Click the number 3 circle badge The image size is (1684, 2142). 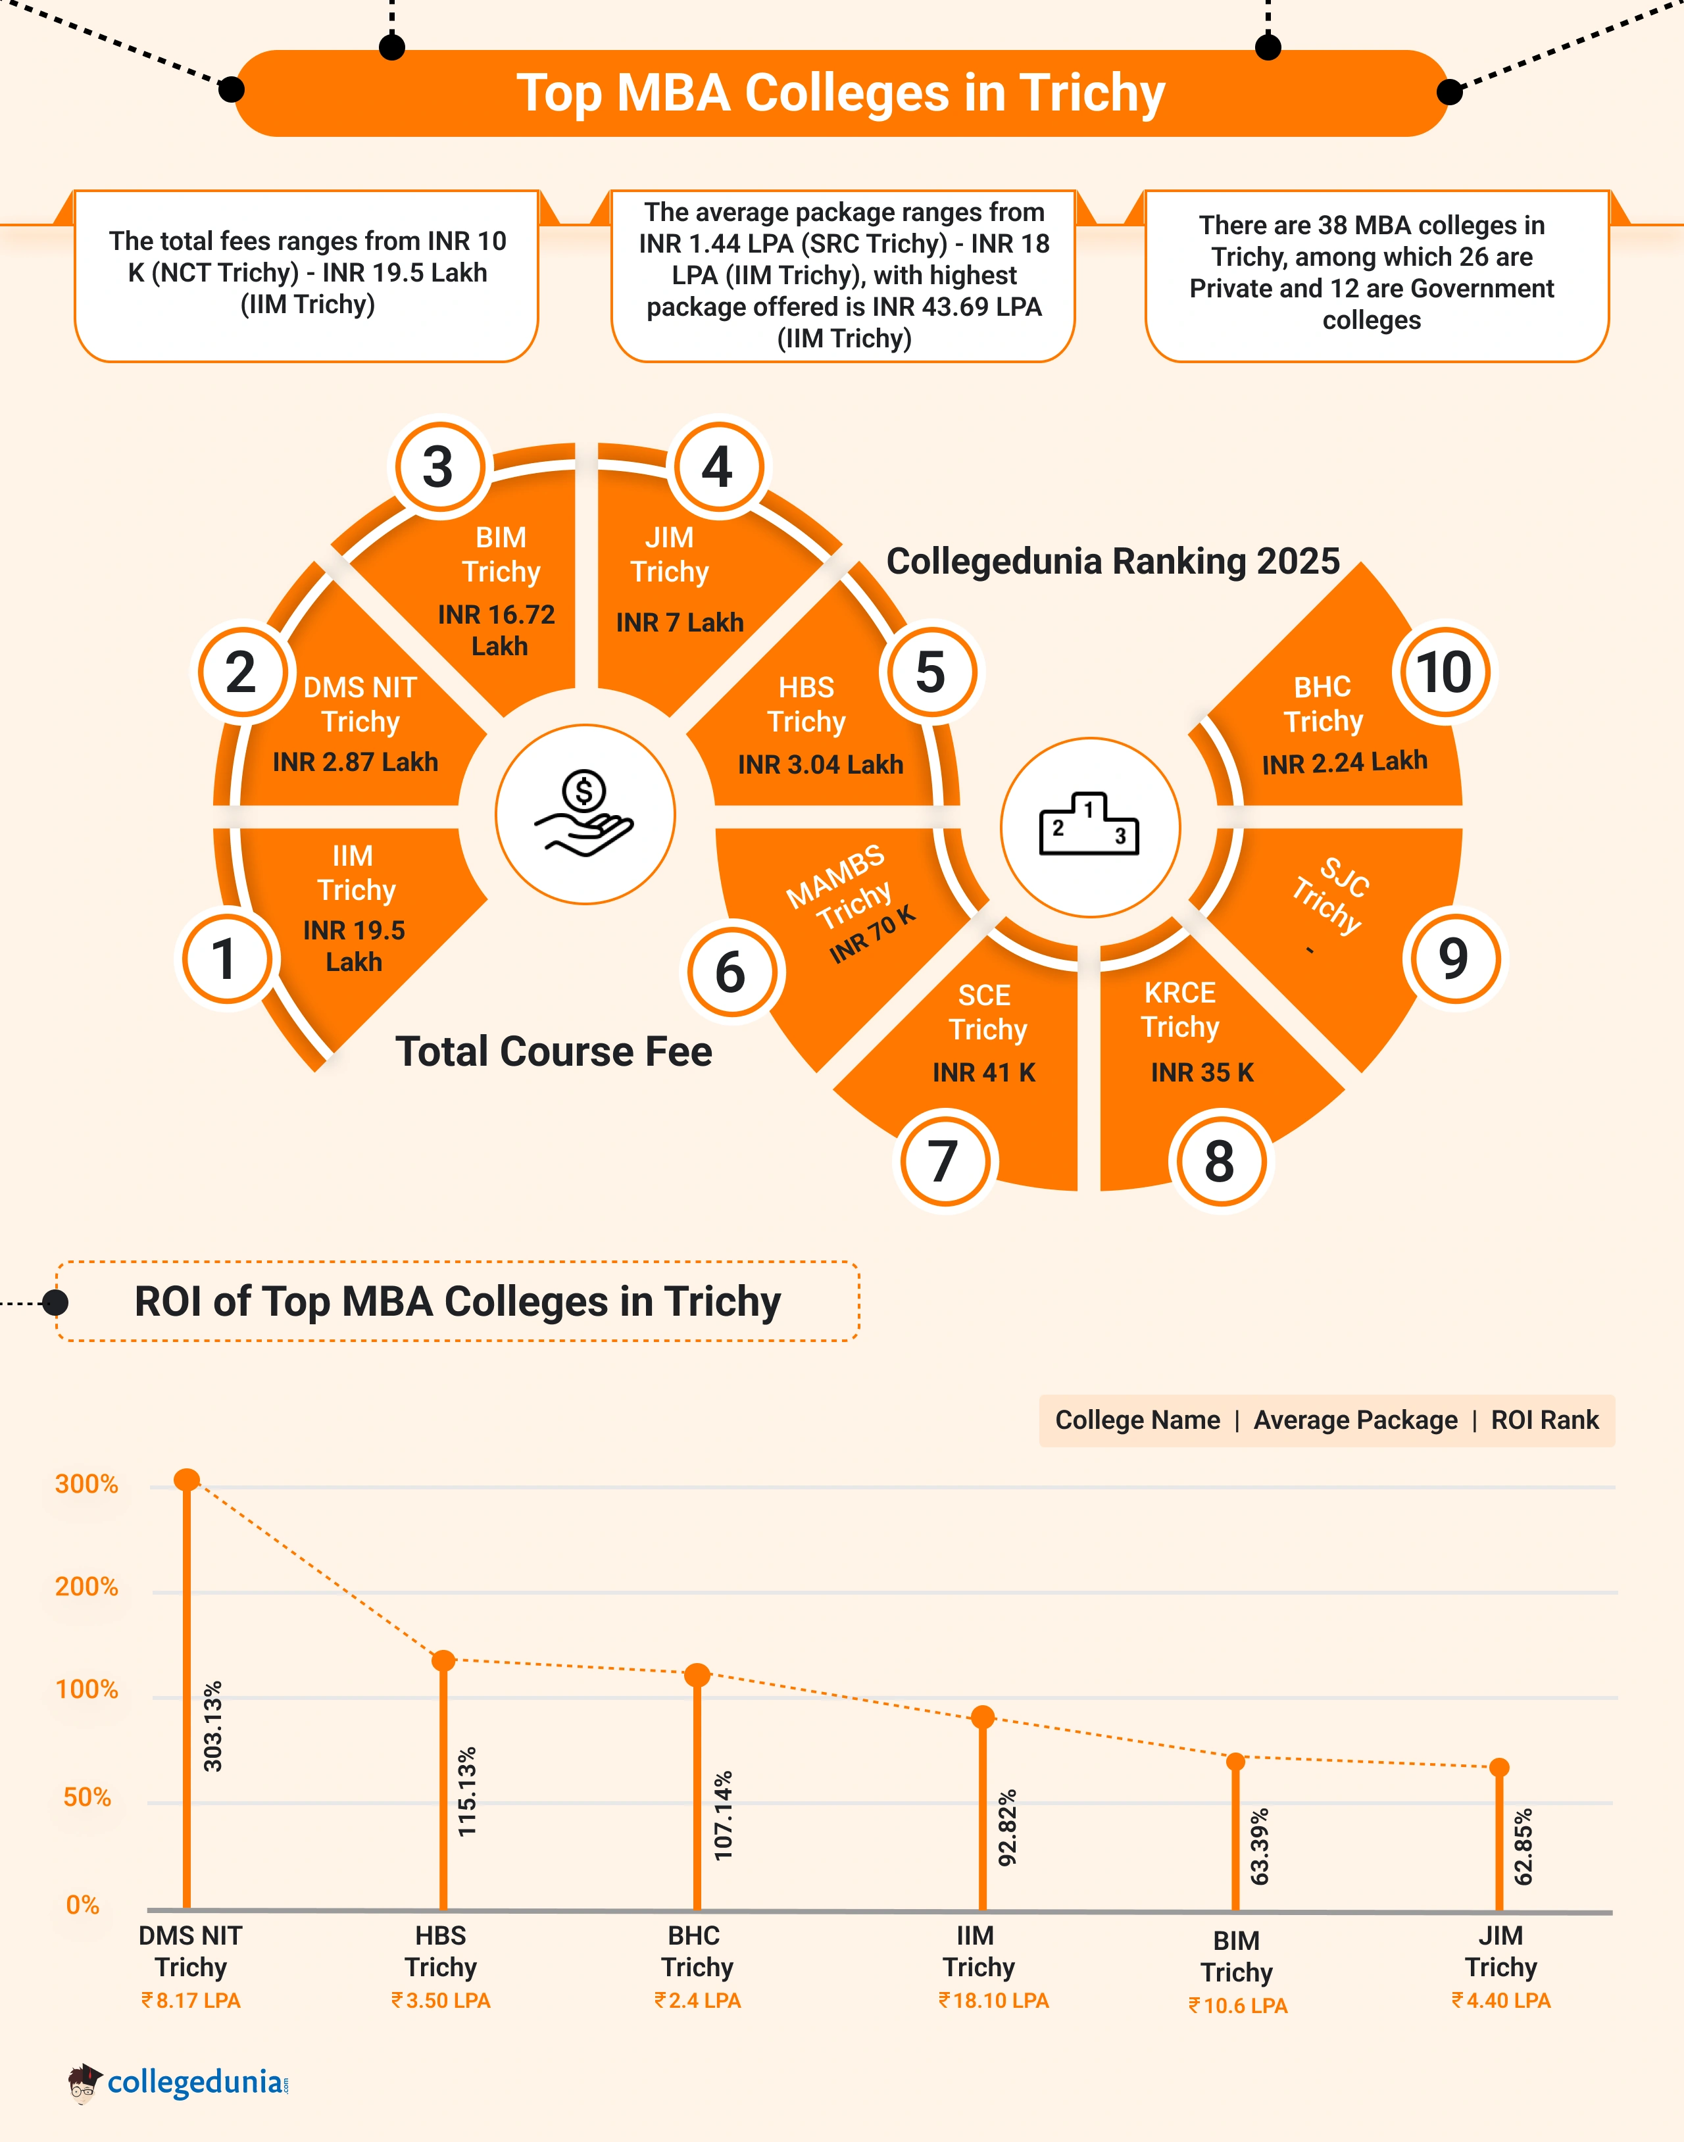tap(439, 466)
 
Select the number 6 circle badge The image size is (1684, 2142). tap(731, 972)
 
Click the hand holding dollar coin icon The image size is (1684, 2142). tap(585, 814)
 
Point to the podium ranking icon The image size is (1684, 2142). tap(1089, 826)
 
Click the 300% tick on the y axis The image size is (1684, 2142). tap(87, 1484)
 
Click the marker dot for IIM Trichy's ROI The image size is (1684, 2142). tap(982, 1717)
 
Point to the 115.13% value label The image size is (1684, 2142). tap(467, 1791)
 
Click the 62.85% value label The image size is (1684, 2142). tap(1523, 1846)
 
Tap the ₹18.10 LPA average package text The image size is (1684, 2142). tap(994, 2000)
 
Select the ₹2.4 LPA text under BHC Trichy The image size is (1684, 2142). tap(698, 2000)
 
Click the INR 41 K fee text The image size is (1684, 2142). tap(984, 1072)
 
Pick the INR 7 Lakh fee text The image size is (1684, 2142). tap(680, 622)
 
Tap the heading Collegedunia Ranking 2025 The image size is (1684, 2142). tap(1112, 561)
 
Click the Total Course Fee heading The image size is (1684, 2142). tap(553, 1051)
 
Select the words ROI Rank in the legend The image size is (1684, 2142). tap(1544, 1420)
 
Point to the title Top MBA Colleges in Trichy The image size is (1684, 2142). tap(841, 93)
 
